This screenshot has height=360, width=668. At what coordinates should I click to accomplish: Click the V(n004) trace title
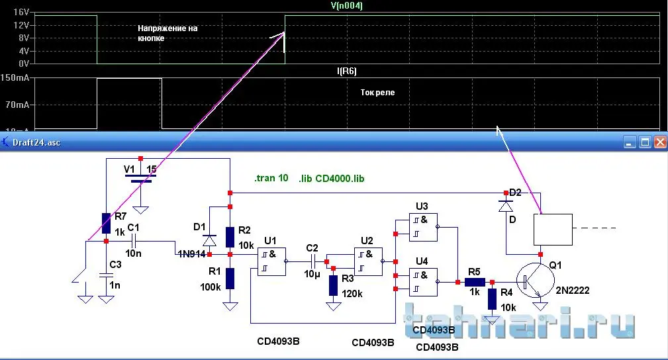point(346,5)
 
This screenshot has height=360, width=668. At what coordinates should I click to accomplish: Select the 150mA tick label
point(15,78)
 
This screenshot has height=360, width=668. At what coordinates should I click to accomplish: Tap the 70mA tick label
point(17,105)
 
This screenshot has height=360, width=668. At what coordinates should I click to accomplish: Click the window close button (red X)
point(659,142)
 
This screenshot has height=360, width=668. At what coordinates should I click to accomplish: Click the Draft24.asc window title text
point(36,142)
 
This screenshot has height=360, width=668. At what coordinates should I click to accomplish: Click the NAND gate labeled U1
point(272,261)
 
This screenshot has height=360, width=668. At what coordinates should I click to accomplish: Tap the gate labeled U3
point(422,228)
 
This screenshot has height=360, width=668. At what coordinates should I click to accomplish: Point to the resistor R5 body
point(474,281)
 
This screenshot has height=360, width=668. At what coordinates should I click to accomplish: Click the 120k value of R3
point(352,293)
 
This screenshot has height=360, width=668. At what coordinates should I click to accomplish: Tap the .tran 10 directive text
point(271,179)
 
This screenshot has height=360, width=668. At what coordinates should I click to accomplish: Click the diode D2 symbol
point(507,206)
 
